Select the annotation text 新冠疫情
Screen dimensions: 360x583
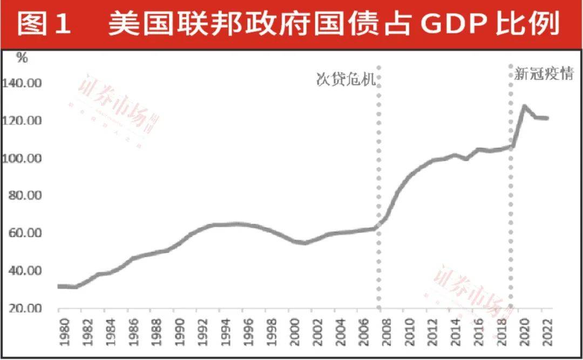point(543,74)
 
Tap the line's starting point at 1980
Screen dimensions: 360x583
point(59,286)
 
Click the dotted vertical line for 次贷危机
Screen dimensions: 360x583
point(379,189)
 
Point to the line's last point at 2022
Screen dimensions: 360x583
point(547,118)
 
